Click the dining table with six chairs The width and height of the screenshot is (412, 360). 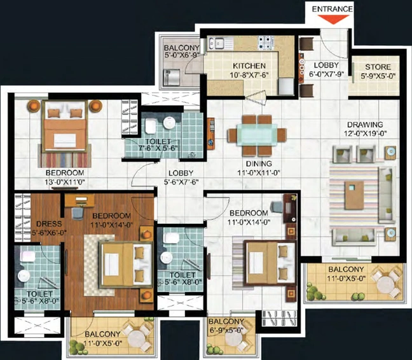coord(257,135)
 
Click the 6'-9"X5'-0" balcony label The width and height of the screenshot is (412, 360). coord(227,330)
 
